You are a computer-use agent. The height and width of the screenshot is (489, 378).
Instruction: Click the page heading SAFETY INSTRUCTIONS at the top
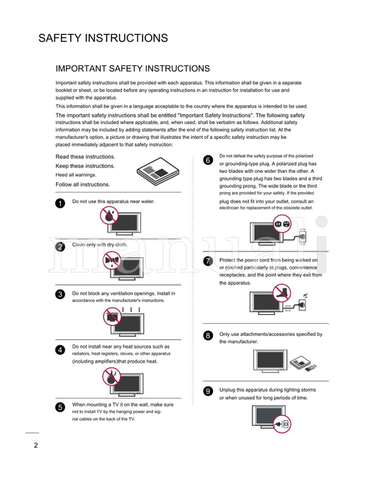pyautogui.click(x=103, y=38)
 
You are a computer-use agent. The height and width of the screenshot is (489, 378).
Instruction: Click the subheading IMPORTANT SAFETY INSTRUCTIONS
pyautogui.click(x=133, y=69)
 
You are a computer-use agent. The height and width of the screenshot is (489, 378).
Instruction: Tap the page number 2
pyautogui.click(x=35, y=445)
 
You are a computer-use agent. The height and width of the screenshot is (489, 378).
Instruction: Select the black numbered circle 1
pyautogui.click(x=60, y=203)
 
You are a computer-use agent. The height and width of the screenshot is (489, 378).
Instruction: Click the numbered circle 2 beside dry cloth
pyautogui.click(x=60, y=247)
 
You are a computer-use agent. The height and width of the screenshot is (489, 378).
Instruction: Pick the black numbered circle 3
pyautogui.click(x=60, y=294)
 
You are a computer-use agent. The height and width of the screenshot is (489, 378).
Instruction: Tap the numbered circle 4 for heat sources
pyautogui.click(x=60, y=349)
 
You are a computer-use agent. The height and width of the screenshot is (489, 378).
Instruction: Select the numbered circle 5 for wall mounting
pyautogui.click(x=60, y=407)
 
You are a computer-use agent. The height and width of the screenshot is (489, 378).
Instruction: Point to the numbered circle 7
pyautogui.click(x=207, y=262)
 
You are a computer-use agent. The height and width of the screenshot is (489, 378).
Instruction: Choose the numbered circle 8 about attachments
pyautogui.click(x=207, y=335)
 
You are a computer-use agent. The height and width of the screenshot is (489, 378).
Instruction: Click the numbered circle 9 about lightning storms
pyautogui.click(x=207, y=390)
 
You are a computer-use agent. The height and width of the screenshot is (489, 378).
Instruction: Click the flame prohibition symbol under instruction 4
pyautogui.click(x=111, y=377)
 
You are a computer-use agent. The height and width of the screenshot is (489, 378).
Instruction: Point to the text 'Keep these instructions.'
pyautogui.click(x=85, y=166)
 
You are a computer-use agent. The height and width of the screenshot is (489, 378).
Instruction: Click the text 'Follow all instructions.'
pyautogui.click(x=82, y=184)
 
